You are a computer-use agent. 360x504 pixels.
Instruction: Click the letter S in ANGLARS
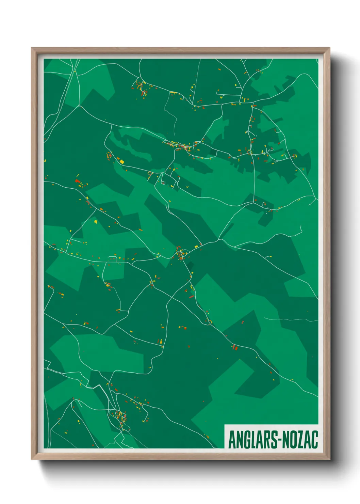pos(273,440)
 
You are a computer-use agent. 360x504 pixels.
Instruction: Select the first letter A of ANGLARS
pos(231,440)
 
